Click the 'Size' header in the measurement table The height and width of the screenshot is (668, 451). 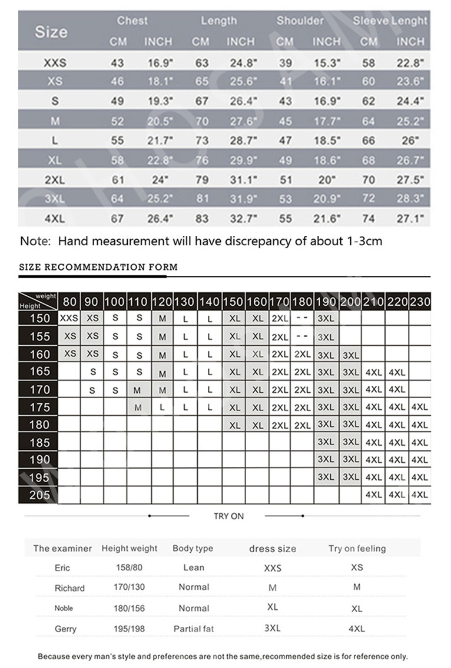51,32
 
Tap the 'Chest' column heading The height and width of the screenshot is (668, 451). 132,21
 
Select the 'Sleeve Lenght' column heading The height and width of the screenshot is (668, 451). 390,21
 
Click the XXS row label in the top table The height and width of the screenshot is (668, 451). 55,63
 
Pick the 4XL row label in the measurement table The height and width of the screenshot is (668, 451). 55,219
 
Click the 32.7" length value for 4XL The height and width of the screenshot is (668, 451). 243,219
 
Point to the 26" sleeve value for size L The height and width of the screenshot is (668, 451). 409,141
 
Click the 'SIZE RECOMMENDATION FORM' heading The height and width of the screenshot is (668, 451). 98,267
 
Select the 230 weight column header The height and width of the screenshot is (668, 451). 420,302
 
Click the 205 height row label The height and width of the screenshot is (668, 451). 39,495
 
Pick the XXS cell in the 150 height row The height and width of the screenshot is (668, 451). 69,318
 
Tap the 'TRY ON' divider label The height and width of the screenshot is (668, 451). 228,516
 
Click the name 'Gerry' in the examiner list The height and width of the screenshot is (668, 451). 65,629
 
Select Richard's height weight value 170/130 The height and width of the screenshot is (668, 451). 129,587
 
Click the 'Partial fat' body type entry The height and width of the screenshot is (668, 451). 193,629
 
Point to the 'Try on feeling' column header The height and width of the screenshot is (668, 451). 357,549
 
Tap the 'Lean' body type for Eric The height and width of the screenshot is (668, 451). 194,567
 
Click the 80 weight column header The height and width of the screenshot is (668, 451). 69,302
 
